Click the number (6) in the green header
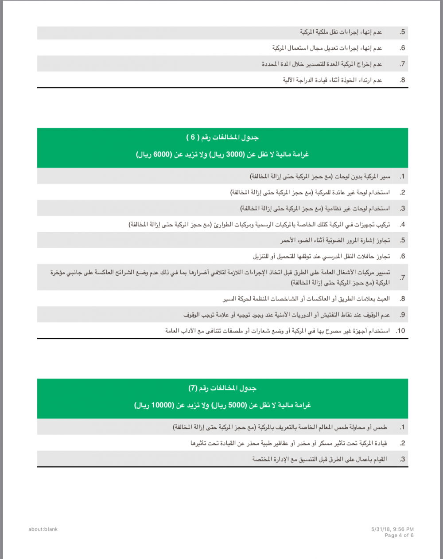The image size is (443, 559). click(x=193, y=137)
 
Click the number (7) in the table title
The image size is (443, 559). click(x=193, y=388)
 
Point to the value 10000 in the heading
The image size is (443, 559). click(x=162, y=405)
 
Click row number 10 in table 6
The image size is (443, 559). click(x=400, y=331)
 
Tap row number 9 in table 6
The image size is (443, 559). click(x=402, y=315)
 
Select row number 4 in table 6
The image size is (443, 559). click(x=402, y=224)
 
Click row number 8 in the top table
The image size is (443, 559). click(x=402, y=80)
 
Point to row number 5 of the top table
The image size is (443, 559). click(x=402, y=32)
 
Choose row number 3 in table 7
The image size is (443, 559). click(x=402, y=459)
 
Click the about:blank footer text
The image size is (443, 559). click(x=43, y=529)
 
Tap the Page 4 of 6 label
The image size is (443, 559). click(x=399, y=536)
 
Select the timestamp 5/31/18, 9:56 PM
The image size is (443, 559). click(x=392, y=529)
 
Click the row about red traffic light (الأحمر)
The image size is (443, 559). click(x=335, y=240)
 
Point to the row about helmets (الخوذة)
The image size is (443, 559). click(x=332, y=80)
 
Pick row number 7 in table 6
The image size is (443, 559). click(x=402, y=278)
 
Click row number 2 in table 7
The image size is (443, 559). click(x=402, y=443)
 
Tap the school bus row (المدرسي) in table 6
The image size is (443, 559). click(x=321, y=256)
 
